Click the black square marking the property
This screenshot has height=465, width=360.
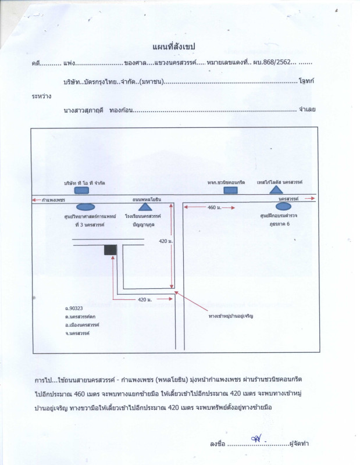(109, 249)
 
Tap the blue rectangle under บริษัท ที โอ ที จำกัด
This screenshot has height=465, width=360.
(81, 189)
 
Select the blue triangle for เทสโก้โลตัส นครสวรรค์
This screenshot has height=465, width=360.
(277, 189)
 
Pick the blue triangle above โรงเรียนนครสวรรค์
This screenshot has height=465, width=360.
(145, 206)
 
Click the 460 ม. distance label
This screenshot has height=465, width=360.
(215, 207)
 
